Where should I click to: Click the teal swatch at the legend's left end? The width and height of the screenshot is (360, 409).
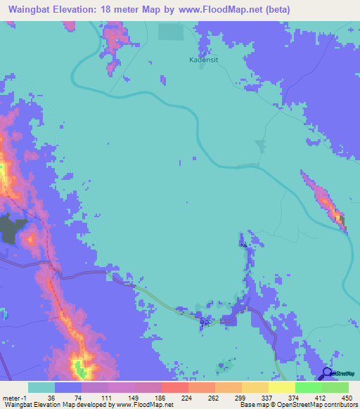[x=41, y=387]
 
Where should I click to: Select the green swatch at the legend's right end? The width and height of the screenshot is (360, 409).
[x=335, y=387]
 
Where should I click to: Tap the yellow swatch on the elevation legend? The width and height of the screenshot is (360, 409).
[x=282, y=387]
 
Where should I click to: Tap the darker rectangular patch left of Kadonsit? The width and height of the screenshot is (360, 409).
[x=169, y=32]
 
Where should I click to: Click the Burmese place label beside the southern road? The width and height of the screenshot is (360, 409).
[x=205, y=323]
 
